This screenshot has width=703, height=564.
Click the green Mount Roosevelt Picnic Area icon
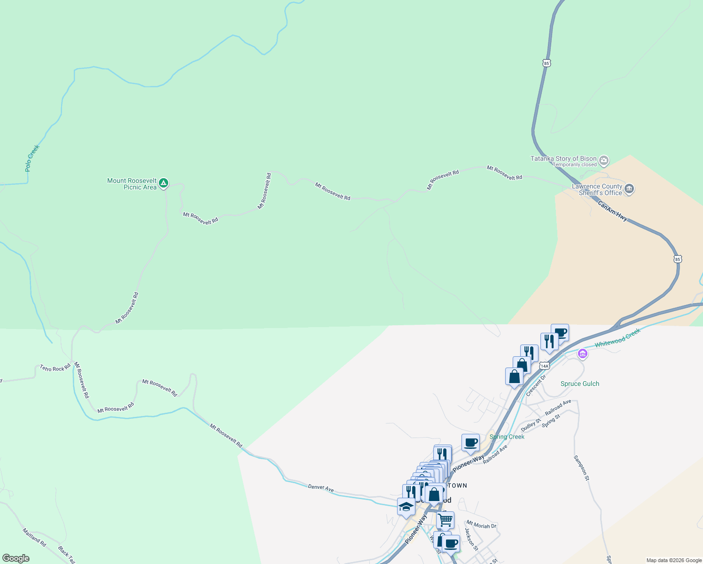click(x=163, y=183)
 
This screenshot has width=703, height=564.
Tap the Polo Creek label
click(x=32, y=158)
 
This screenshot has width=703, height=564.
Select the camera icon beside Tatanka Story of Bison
click(x=604, y=161)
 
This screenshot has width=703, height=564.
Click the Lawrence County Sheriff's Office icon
click(x=630, y=189)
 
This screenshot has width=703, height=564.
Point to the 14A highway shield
click(x=544, y=365)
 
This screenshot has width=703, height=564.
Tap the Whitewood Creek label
click(x=617, y=338)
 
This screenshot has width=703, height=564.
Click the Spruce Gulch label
click(x=580, y=384)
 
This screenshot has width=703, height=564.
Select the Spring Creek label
click(x=507, y=437)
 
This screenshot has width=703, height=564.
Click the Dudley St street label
click(x=531, y=425)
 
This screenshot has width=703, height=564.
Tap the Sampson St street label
click(x=581, y=468)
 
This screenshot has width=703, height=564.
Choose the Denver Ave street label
click(x=321, y=488)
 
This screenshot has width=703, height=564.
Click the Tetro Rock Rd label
click(x=55, y=368)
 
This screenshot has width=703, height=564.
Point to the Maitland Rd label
click(x=34, y=537)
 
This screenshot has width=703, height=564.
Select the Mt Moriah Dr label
click(x=481, y=525)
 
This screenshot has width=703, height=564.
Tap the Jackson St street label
click(x=471, y=539)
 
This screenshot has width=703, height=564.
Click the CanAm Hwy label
click(x=612, y=211)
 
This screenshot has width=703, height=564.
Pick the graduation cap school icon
click(x=406, y=507)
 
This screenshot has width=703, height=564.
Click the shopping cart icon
click(x=445, y=520)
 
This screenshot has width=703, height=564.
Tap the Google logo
click(x=16, y=558)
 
